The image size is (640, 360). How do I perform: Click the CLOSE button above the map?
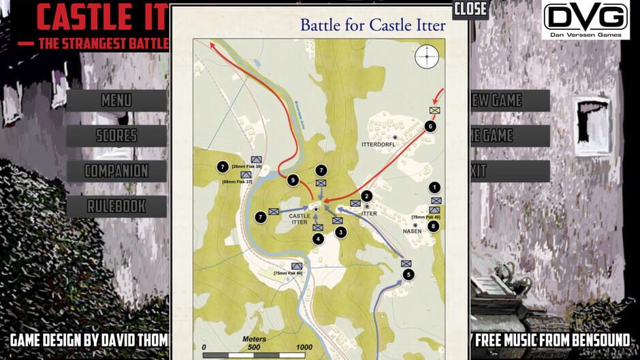pos(470,9)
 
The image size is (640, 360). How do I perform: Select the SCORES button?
pos(116,135)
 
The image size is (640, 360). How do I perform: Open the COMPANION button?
pos(116,171)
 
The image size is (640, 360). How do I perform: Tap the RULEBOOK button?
pos(116,206)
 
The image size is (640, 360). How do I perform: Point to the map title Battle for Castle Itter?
pos(373,26)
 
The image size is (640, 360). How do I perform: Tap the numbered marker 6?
pos(430,126)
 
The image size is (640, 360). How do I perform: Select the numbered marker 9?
pos(293,180)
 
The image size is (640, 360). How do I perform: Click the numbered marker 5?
pos(408,275)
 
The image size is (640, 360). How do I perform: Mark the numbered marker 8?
pos(434,226)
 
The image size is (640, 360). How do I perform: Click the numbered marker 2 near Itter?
pos(366,196)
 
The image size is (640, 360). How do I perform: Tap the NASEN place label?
pos(413,231)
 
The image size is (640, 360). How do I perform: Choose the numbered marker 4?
pos(318,239)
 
